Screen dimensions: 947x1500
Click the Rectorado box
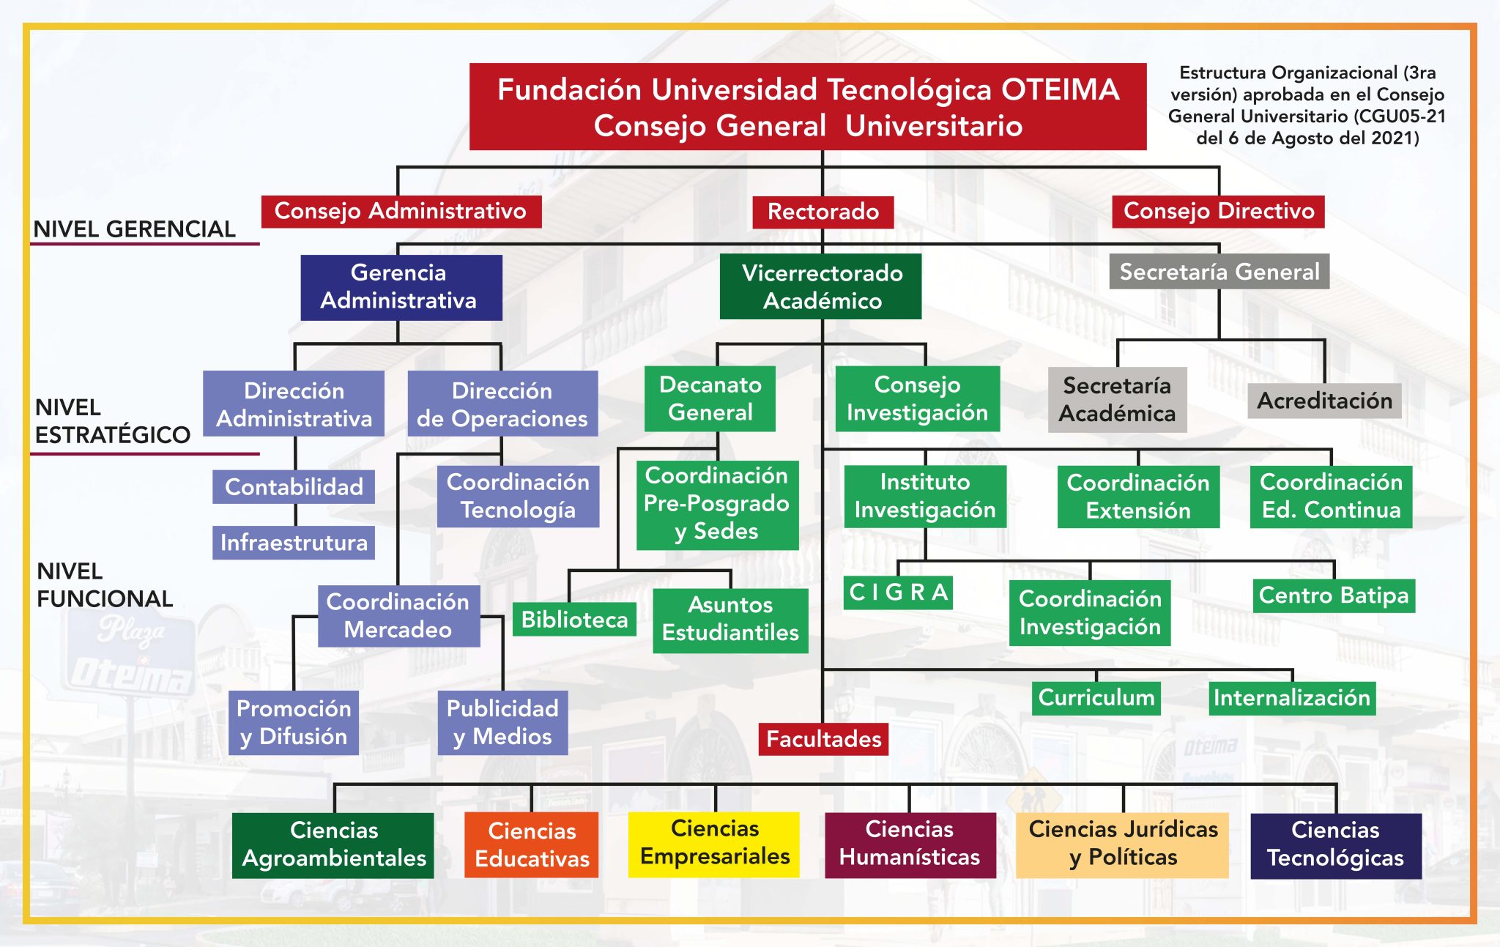823,212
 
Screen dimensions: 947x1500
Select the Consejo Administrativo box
401,211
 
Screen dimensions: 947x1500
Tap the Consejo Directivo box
1218,211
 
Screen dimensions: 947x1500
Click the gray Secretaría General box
1219,272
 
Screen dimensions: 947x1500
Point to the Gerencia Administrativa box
401,287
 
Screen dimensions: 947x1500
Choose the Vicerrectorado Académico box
820,286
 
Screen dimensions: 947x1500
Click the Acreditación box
1324,401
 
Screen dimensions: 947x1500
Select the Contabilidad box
294,486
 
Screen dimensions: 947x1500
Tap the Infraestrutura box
294,543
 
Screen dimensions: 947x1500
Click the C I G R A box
898,592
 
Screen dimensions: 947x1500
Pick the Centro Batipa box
1333,595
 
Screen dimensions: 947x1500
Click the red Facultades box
823,739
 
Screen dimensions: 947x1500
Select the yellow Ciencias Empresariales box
714,844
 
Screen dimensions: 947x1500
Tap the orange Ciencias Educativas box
532,844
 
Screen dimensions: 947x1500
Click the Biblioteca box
574,620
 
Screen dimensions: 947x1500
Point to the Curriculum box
1096,697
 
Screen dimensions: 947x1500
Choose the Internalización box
1291,698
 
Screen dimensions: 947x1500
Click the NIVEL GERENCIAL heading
134,229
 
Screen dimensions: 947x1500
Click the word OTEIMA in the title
1060,90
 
